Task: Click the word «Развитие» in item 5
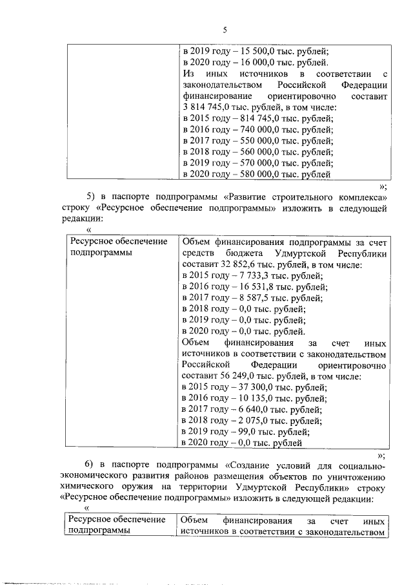(x=250, y=196)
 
